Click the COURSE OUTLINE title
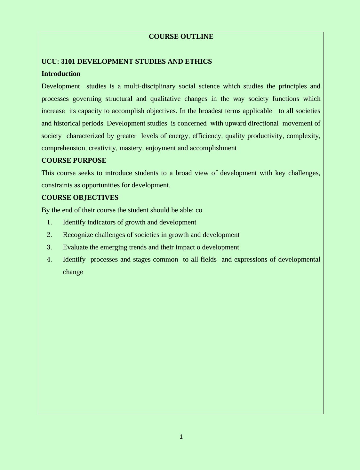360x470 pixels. click(181, 36)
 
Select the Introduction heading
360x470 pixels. click(61, 74)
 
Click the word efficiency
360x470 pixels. click(207, 136)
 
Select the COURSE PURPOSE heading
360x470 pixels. click(74, 160)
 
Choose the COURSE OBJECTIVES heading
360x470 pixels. click(80, 198)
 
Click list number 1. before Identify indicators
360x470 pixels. click(49, 222)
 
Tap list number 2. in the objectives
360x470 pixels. click(49, 235)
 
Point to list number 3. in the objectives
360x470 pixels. click(49, 247)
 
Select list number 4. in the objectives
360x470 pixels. click(49, 259)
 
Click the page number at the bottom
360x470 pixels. click(181, 436)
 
